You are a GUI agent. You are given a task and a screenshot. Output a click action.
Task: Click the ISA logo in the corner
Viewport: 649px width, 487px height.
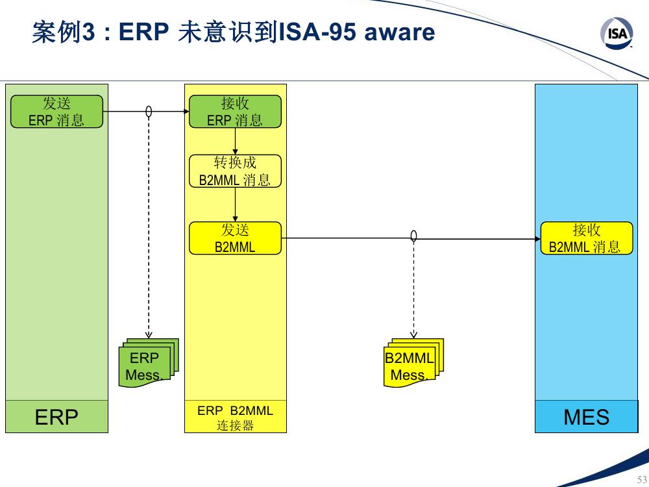(x=617, y=33)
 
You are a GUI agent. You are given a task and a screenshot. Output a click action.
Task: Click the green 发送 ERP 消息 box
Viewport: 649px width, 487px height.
(x=56, y=112)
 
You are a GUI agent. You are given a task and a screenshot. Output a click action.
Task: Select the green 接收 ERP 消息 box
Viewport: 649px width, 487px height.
(x=235, y=112)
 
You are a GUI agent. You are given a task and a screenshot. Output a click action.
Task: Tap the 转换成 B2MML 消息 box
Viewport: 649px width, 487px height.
(x=235, y=171)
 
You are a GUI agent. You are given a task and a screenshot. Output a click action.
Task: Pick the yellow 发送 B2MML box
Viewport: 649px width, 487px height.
(x=235, y=238)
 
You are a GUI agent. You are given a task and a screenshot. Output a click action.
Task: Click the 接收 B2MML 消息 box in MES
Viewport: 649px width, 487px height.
(x=587, y=238)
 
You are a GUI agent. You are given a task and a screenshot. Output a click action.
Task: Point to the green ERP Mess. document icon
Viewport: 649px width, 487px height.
(x=148, y=363)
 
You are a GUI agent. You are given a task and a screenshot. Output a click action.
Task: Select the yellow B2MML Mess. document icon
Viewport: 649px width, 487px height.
(x=413, y=363)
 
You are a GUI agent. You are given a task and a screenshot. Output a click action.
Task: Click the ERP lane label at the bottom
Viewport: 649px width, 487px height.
(x=56, y=417)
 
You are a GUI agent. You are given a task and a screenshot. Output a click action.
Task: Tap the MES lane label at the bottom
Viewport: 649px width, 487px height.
(x=586, y=417)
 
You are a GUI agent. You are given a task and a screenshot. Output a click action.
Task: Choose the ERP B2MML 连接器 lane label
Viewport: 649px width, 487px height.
(x=235, y=418)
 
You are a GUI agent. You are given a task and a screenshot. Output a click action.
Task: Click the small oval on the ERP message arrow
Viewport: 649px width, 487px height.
(x=149, y=112)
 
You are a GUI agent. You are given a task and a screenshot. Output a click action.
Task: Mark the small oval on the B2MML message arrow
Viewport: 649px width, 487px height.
(x=413, y=236)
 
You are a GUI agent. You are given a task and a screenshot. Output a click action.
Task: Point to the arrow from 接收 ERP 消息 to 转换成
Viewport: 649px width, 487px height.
(x=235, y=141)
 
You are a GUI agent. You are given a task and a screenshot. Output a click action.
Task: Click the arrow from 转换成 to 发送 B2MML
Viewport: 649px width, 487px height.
(x=235, y=205)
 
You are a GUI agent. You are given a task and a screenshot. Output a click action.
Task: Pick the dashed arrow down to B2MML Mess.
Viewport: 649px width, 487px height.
(x=413, y=290)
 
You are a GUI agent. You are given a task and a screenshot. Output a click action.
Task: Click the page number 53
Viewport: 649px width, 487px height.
(x=642, y=480)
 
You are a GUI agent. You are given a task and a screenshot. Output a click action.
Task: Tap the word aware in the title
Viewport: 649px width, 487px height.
(x=399, y=32)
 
